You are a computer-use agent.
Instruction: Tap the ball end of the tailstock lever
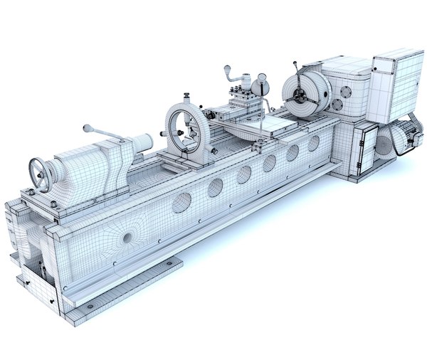[x=86, y=128]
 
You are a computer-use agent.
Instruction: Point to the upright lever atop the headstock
[x=294, y=68]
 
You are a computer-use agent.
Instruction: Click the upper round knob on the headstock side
[x=345, y=92]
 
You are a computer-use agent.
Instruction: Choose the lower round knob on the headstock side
[x=337, y=106]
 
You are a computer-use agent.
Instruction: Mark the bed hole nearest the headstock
[x=313, y=143]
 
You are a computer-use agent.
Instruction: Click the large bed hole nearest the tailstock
[x=181, y=203]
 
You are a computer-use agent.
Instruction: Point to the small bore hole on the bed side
[x=128, y=237]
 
